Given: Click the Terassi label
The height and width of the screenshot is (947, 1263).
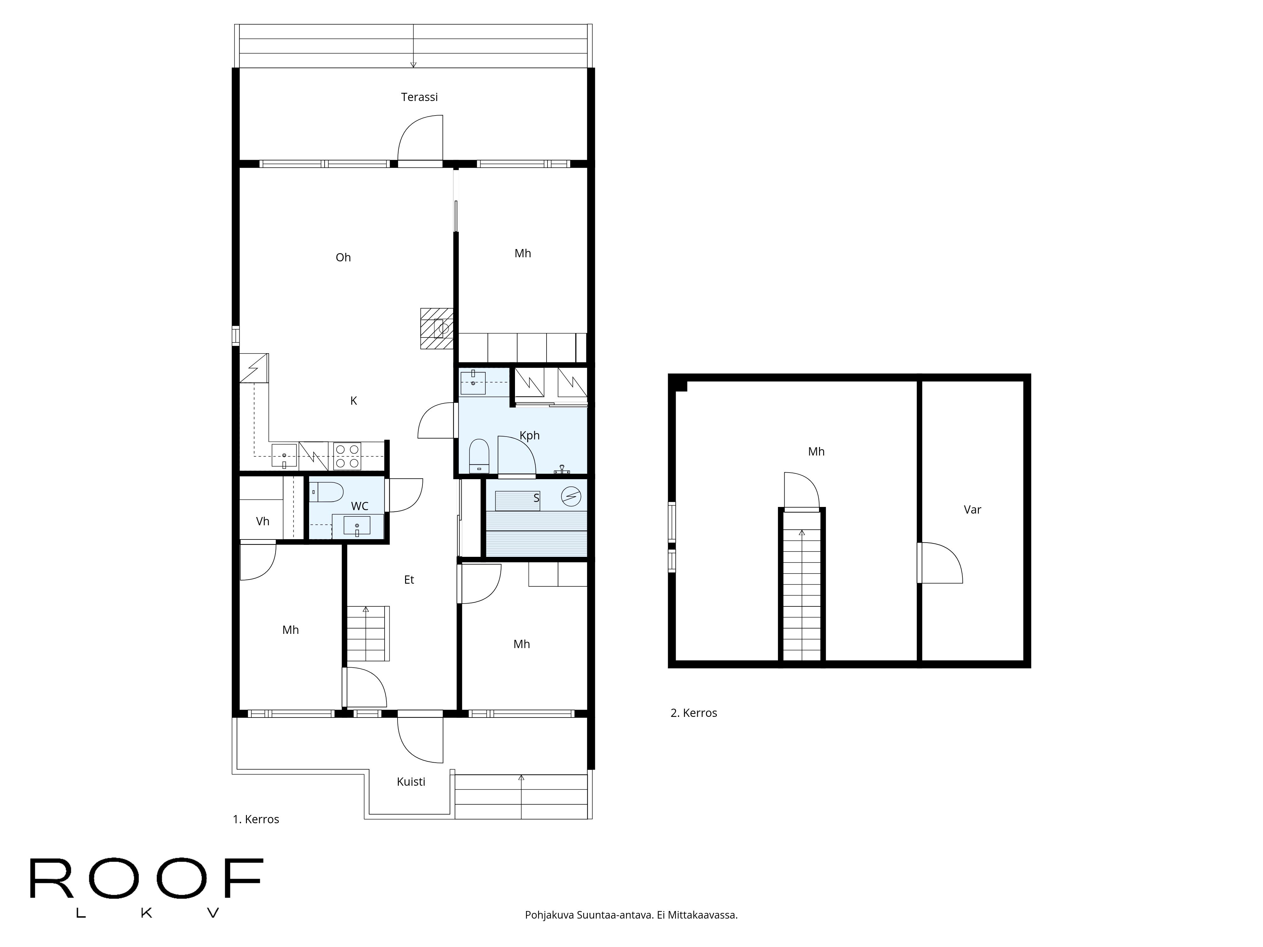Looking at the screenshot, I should [419, 97].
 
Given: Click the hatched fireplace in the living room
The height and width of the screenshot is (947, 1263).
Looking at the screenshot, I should [437, 328].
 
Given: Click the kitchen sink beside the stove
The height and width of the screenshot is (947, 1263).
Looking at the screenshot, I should [284, 456].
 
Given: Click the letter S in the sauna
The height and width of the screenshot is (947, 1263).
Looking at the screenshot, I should [536, 498].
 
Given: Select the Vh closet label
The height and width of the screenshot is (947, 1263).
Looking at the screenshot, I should [263, 521].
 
